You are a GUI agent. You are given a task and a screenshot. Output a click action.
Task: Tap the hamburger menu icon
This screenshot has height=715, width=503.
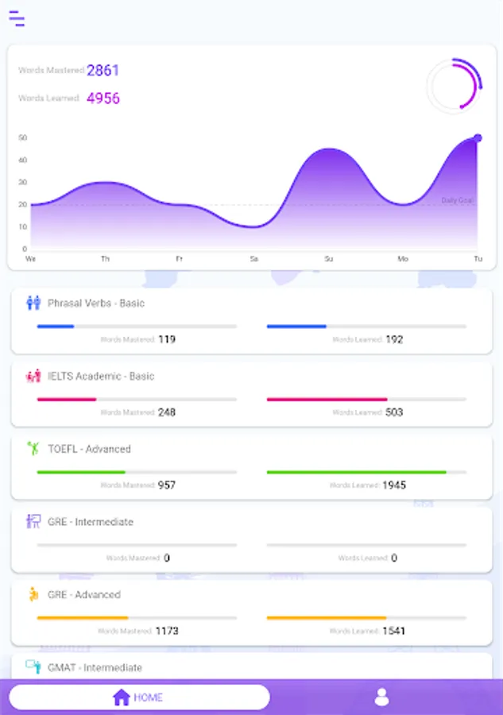(17, 19)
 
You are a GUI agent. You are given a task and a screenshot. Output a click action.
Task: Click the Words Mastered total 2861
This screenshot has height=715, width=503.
(103, 71)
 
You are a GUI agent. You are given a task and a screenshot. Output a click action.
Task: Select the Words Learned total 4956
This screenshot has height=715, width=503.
(103, 99)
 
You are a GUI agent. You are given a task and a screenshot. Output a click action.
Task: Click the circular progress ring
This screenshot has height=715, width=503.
(455, 86)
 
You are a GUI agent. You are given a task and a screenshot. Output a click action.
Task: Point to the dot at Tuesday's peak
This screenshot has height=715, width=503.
(478, 138)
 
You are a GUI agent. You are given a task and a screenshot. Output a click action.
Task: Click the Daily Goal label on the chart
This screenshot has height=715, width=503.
(457, 200)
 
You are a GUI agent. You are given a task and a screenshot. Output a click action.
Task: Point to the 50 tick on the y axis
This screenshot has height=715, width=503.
(23, 137)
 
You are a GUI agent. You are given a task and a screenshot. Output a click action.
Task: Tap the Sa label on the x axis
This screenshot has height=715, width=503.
(253, 259)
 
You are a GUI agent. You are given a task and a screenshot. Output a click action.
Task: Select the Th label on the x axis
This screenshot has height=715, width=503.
(105, 259)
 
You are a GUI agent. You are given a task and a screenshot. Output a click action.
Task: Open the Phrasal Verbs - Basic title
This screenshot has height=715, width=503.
(96, 303)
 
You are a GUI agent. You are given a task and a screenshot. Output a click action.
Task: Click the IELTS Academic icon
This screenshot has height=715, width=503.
(33, 376)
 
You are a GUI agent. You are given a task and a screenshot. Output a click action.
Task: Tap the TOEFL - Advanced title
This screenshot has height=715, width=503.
(89, 449)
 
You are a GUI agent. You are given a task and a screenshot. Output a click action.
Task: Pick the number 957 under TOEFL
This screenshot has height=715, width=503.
(167, 485)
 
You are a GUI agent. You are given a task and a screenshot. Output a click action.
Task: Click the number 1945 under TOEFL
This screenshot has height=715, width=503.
(394, 485)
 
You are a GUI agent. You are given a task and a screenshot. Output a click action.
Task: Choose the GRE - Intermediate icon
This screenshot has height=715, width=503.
(33, 521)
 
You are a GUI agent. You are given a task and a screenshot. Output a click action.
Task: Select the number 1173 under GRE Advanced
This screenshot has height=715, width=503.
(167, 631)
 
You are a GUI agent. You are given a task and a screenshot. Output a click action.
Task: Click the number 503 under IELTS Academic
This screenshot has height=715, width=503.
(394, 412)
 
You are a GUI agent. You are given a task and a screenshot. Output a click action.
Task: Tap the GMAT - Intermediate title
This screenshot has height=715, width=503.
(95, 667)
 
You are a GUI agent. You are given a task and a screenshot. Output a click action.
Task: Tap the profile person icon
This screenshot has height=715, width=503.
(381, 698)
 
